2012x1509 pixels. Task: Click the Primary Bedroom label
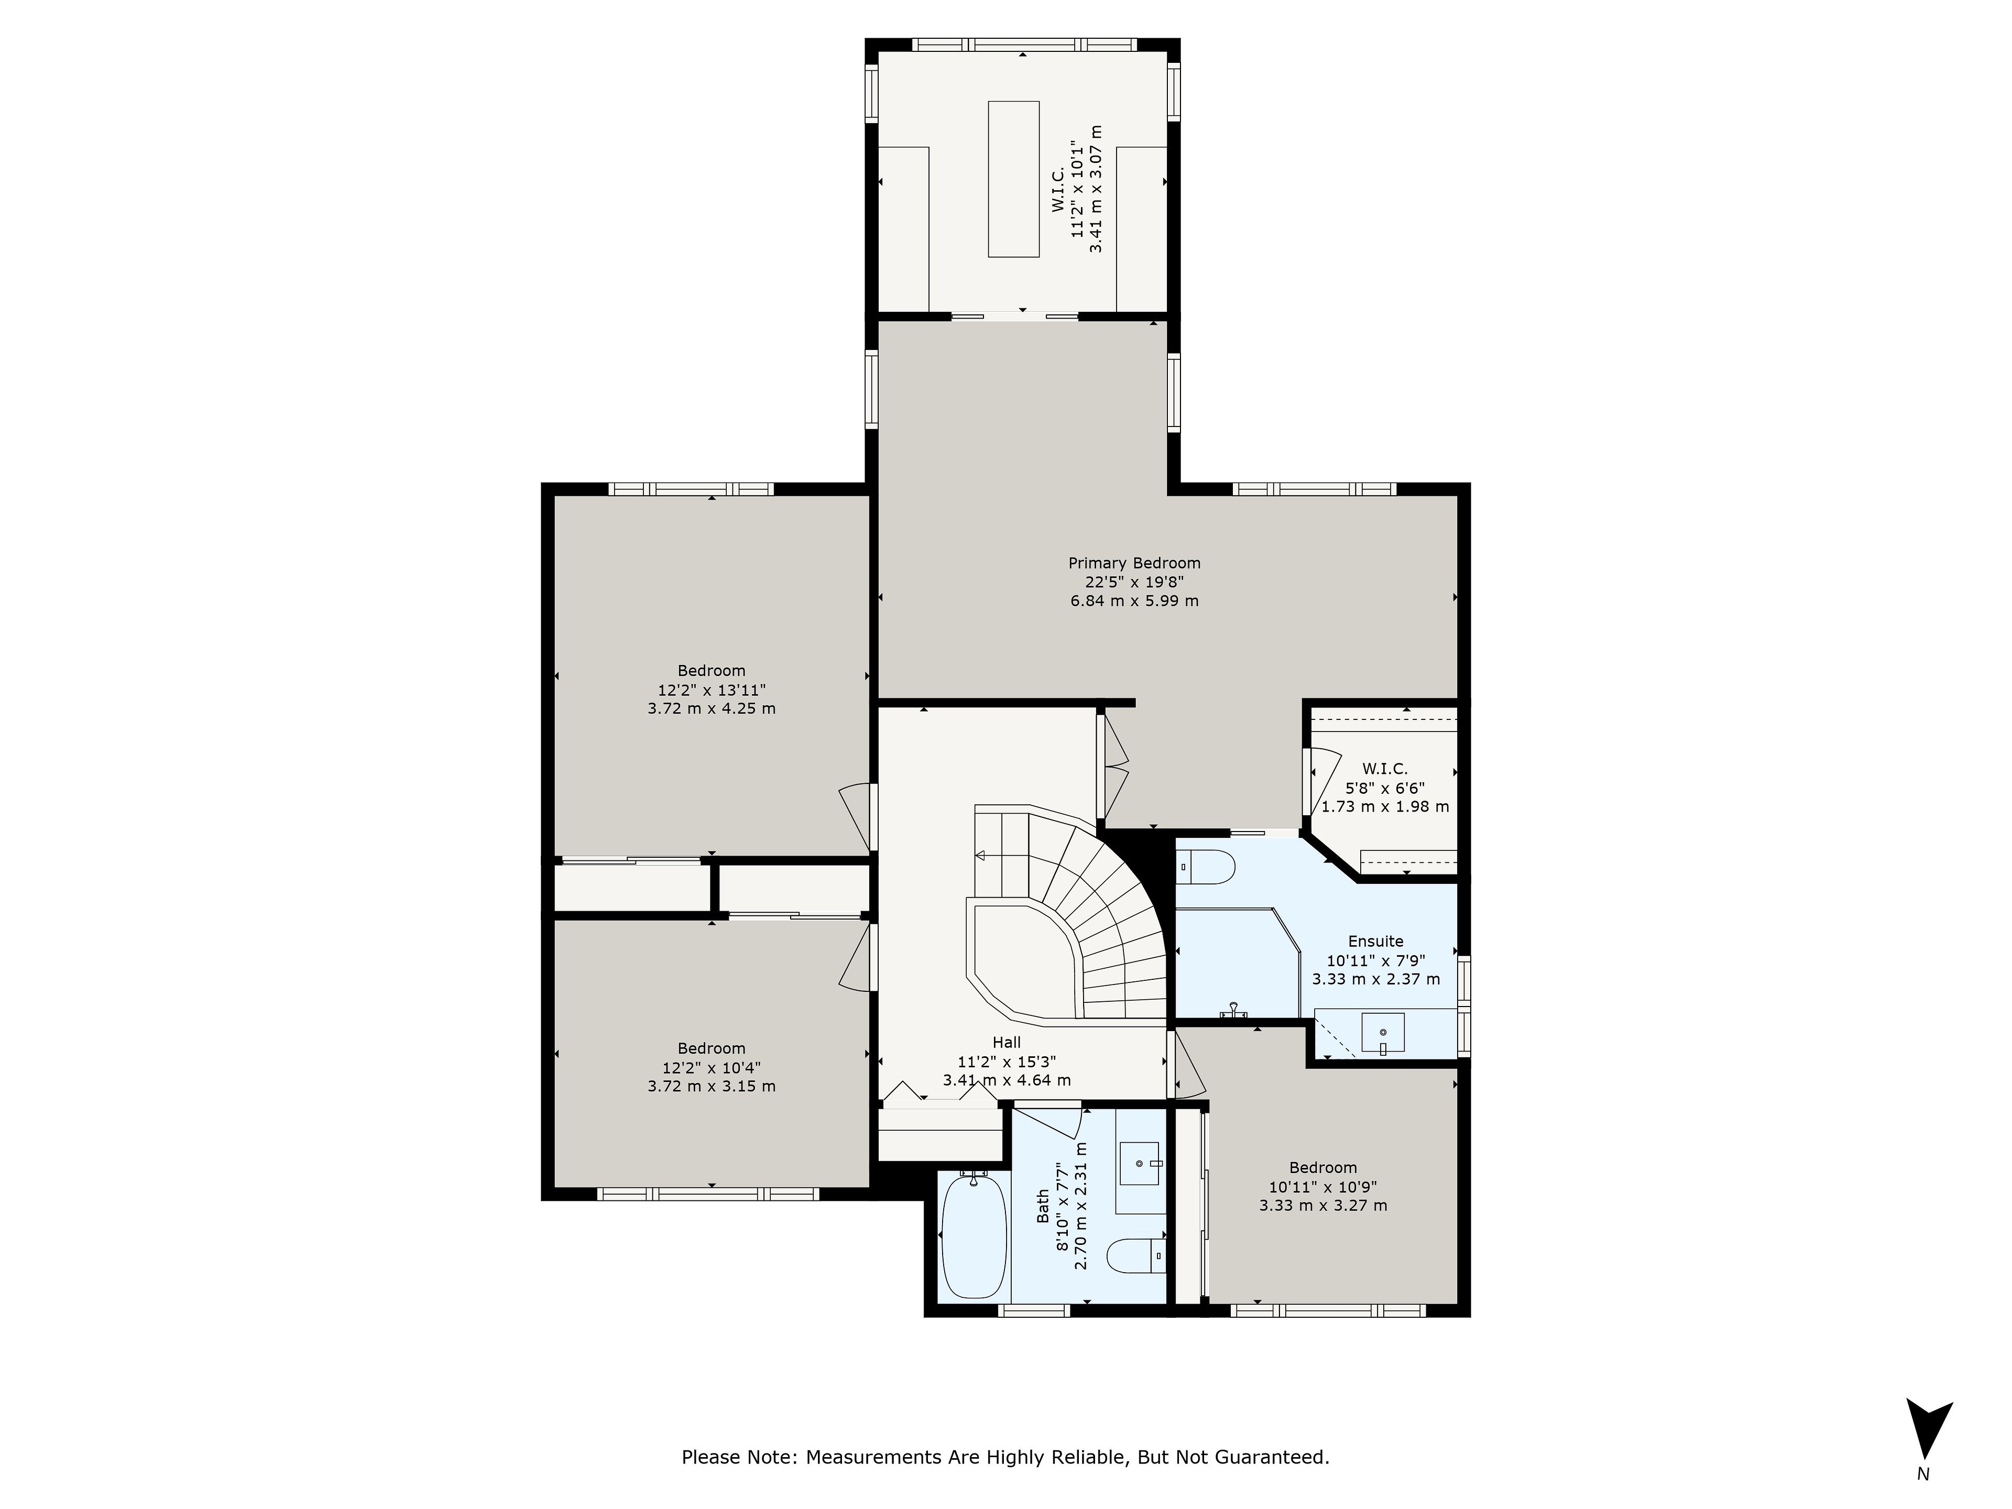[1134, 563]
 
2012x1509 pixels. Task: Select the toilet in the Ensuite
[1206, 867]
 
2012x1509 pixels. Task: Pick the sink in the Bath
[1139, 1163]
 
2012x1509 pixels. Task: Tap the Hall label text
[1007, 1042]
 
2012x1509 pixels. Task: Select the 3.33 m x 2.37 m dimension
[1376, 980]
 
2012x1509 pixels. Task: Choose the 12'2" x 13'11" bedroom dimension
[712, 690]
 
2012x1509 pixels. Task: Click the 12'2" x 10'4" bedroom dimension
[712, 1067]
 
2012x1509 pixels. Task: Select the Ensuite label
[1376, 942]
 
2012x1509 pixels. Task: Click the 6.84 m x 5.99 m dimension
[1134, 601]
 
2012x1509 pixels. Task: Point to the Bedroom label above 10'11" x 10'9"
[1324, 1168]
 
